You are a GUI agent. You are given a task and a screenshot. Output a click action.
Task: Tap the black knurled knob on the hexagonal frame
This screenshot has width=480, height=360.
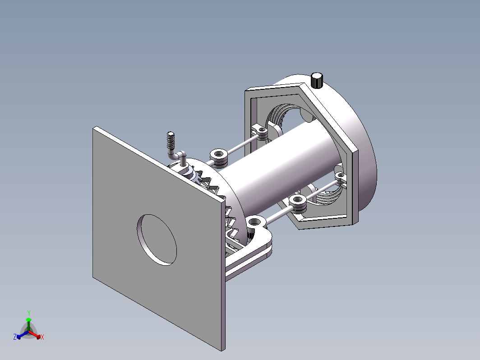click(x=317, y=80)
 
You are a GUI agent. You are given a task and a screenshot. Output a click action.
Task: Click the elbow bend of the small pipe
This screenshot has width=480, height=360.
click(x=173, y=155)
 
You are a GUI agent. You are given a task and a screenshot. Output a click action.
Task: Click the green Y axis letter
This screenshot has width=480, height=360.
click(x=29, y=313)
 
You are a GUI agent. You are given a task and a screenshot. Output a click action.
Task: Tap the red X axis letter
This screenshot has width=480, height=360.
click(x=42, y=337)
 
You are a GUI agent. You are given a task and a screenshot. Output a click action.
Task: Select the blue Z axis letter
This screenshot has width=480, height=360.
click(x=15, y=337)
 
